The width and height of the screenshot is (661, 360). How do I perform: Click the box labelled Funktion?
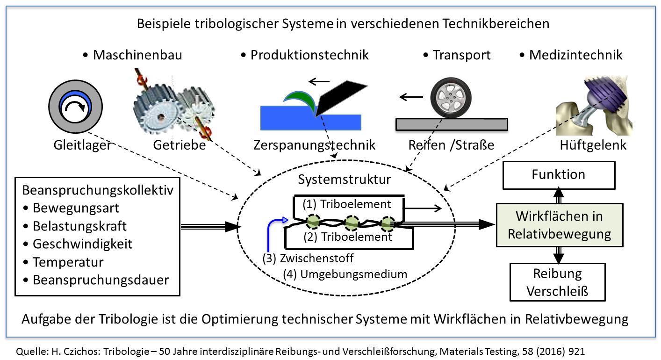(558, 175)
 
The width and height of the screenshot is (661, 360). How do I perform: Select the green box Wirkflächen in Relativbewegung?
(559, 225)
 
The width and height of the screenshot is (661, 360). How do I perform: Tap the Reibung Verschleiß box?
(557, 282)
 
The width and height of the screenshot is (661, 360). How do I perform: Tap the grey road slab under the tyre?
(451, 124)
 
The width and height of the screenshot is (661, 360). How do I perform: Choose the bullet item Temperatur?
(68, 262)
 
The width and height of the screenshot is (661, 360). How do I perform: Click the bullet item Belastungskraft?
(79, 226)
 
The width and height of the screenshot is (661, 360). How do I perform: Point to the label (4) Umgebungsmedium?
(345, 274)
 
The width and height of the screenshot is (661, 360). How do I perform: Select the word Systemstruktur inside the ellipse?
(345, 180)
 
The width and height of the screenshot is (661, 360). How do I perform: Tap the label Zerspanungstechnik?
(314, 145)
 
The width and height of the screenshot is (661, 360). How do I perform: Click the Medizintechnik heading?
(575, 55)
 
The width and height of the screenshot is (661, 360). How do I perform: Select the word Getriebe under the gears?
(180, 145)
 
